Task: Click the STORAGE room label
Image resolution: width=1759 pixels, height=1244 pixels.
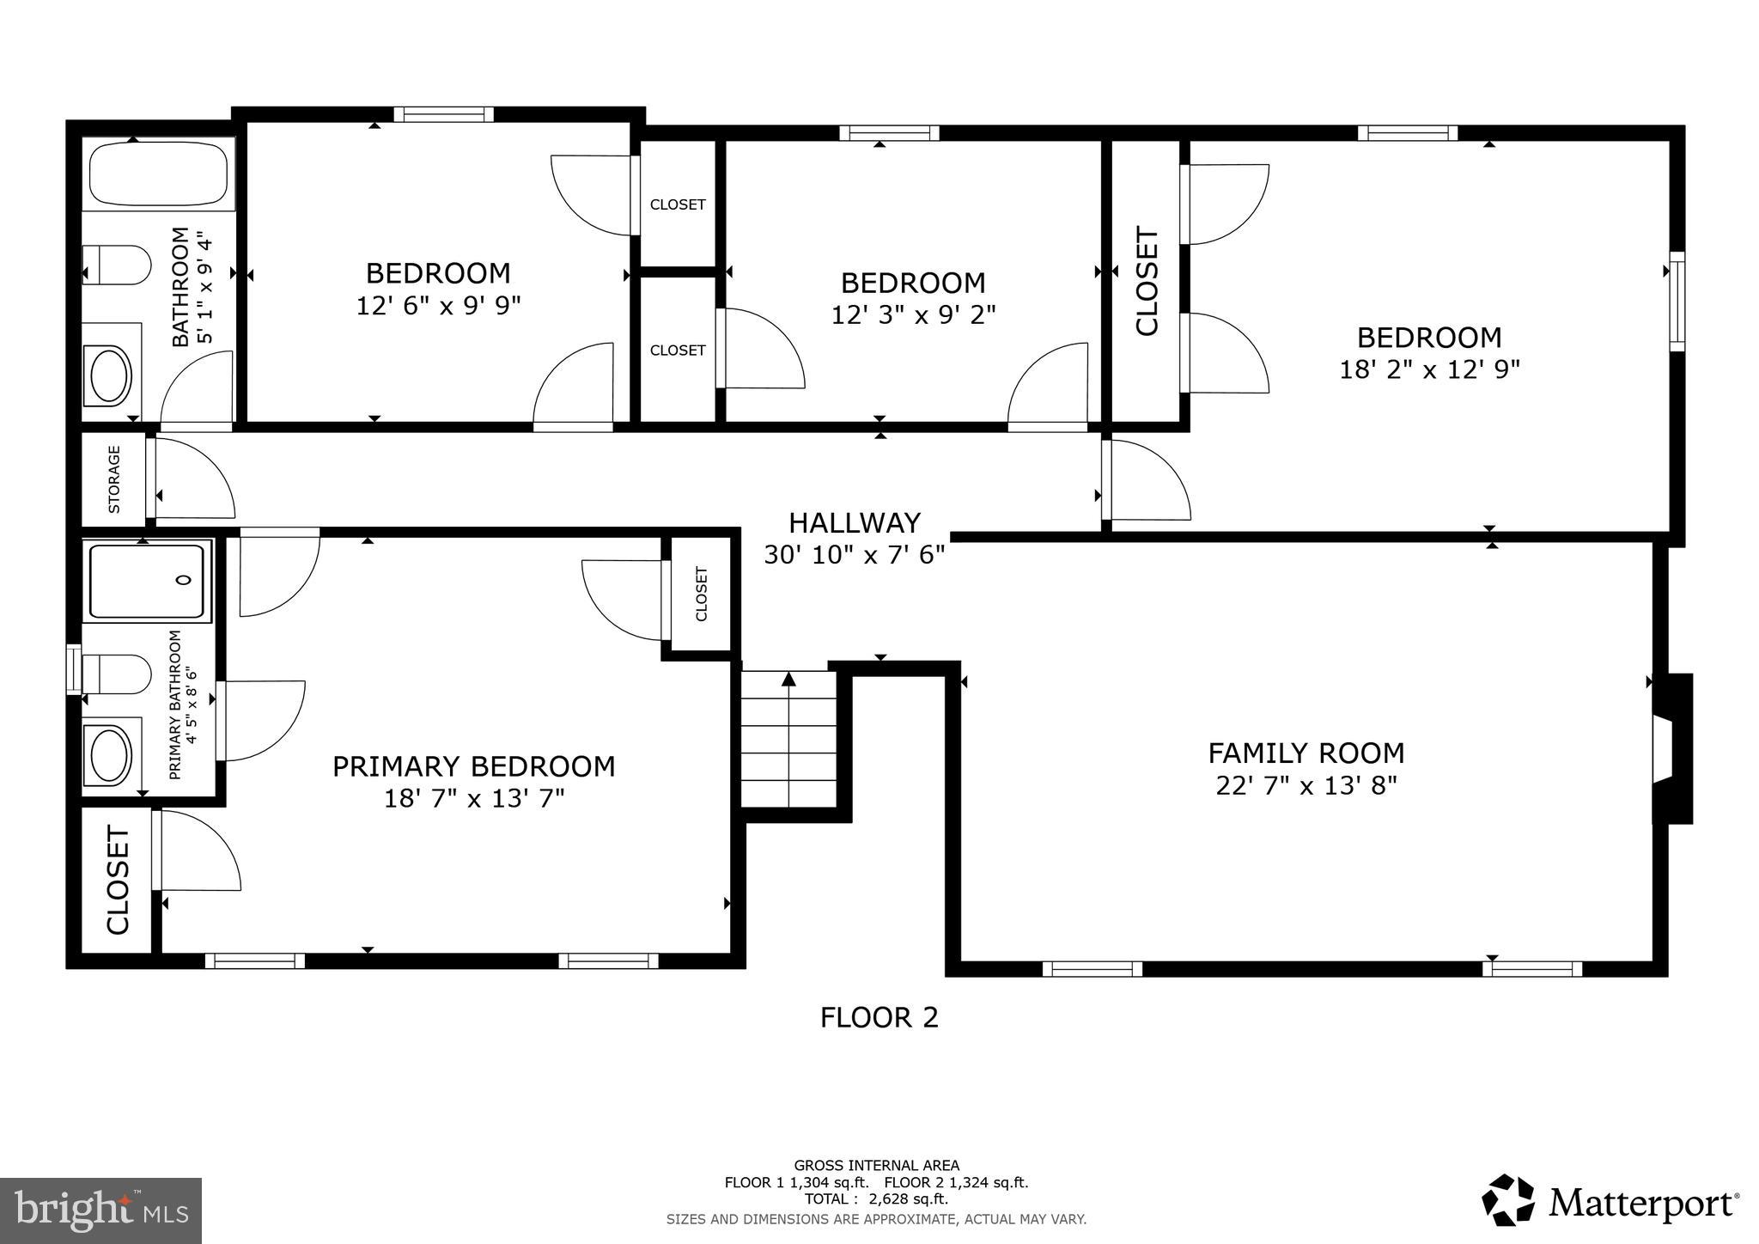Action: (114, 479)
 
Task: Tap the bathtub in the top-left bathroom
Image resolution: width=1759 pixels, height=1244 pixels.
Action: (158, 173)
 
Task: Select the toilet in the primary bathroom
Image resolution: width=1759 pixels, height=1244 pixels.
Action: (118, 674)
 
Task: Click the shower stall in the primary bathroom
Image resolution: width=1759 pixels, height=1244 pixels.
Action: (148, 581)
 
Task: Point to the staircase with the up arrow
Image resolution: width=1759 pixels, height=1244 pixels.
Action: (788, 739)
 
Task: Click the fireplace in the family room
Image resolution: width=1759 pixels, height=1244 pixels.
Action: (1671, 748)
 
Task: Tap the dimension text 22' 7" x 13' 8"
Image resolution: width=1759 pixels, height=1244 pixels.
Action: (1306, 785)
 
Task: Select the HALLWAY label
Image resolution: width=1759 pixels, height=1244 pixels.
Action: (854, 522)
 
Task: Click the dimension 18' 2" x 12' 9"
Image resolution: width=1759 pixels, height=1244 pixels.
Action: (1429, 369)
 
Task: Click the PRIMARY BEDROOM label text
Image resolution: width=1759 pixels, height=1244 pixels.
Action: (473, 765)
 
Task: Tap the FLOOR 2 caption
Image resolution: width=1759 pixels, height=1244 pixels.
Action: (879, 1017)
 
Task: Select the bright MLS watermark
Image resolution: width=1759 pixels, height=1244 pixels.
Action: (100, 1210)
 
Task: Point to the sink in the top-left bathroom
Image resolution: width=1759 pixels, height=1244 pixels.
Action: (110, 375)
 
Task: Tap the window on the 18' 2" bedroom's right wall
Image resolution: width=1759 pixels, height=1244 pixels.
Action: (1676, 301)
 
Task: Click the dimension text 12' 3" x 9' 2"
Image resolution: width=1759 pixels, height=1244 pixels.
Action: (912, 315)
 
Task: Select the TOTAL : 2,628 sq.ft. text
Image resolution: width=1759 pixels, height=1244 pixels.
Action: (876, 1198)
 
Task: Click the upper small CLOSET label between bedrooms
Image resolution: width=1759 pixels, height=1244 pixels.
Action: (677, 204)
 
